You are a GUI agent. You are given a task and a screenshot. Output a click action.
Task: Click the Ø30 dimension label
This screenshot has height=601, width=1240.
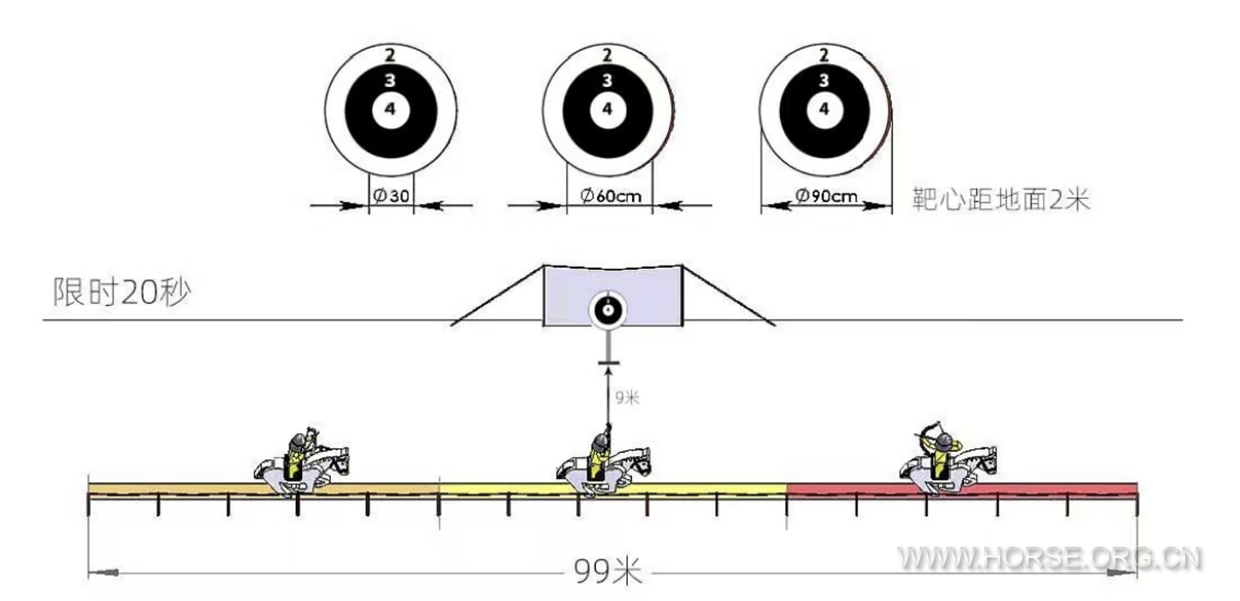(390, 196)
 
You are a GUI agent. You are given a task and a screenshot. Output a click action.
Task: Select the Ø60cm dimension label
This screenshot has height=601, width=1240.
(610, 196)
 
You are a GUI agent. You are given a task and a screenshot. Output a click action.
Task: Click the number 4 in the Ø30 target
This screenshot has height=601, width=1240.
(390, 109)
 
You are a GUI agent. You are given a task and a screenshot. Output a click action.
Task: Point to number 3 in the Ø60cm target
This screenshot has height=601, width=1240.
(607, 81)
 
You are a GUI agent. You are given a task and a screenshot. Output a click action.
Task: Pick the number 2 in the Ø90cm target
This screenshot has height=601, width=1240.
(824, 55)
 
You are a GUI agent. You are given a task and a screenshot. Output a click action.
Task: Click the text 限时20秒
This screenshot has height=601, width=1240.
(121, 293)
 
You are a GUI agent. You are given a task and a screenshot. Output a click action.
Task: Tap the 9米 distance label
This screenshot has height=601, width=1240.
(627, 396)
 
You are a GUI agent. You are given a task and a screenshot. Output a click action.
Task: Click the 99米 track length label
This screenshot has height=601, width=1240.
(607, 571)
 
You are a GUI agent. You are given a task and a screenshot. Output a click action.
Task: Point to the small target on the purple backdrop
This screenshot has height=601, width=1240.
(607, 311)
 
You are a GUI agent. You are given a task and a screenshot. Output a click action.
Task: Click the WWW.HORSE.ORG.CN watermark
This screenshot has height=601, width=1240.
(1049, 559)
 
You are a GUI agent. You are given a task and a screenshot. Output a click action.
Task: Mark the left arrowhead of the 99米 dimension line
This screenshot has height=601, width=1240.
(104, 572)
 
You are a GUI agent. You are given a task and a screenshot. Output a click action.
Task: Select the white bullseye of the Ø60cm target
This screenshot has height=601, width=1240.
(607, 109)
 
